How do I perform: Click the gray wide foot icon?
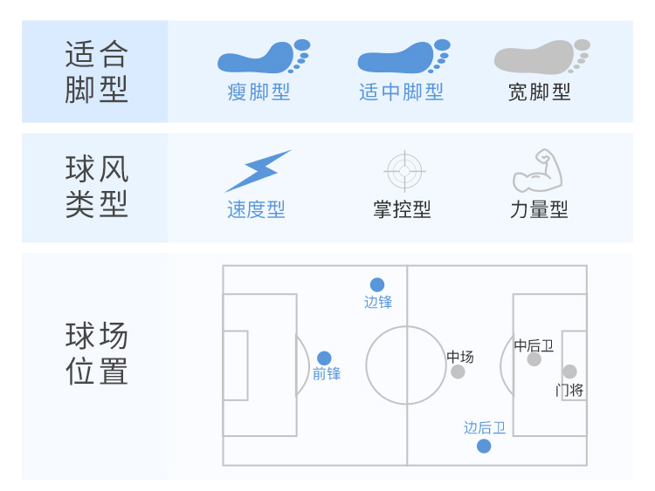coord(541,57)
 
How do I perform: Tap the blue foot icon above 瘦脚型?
coord(264,57)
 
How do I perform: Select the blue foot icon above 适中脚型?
coord(404,57)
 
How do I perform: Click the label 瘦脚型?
coord(259,92)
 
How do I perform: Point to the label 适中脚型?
coord(402,92)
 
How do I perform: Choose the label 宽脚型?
coord(540,92)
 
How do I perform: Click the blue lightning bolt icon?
coord(258,171)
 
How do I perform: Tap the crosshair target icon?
coord(404,171)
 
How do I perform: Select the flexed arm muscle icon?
coord(538,170)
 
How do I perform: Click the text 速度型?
coord(256,209)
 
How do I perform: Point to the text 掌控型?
coord(402,209)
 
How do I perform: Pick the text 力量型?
coord(539,209)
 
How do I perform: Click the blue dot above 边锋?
coord(377,284)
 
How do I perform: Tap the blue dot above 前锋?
coord(324,358)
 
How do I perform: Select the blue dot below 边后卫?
coord(484,446)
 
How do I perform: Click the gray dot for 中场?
coord(458,372)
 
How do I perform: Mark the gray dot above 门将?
coord(569,372)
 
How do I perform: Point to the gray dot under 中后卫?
coord(534,359)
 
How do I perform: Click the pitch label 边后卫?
coord(485,427)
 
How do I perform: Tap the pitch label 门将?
coord(569,391)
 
